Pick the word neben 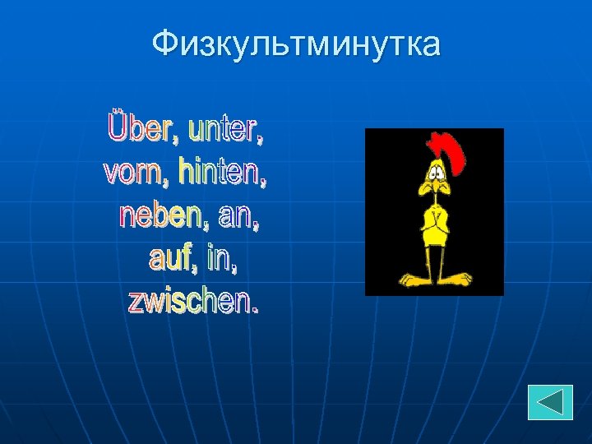(161, 216)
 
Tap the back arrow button (550, 402)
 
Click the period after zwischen (253, 309)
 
